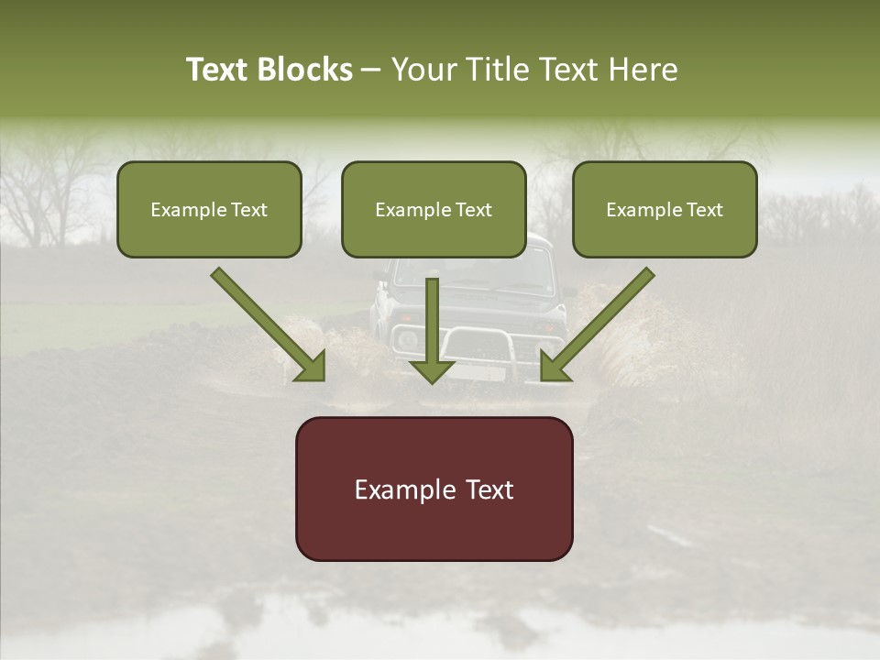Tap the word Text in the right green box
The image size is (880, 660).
tap(704, 210)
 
